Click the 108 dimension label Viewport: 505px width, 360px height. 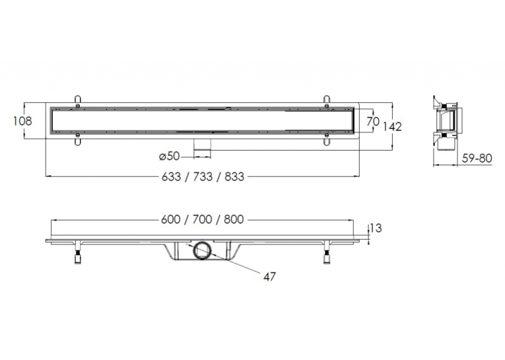tap(22, 121)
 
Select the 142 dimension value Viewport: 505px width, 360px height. tap(392, 127)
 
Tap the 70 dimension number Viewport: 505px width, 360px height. tap(372, 122)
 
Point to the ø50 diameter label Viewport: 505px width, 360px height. tap(169, 157)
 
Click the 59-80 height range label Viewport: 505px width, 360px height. tap(477, 159)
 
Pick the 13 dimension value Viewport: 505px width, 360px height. tap(376, 228)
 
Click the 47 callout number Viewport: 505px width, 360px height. tap(269, 277)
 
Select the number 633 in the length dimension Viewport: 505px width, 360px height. tap(171, 176)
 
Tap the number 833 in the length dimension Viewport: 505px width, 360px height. tap(234, 176)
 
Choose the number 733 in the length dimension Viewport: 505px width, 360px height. tap(203, 176)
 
